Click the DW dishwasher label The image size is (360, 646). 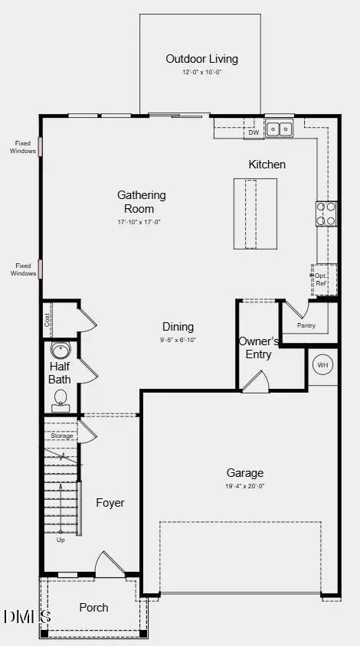tap(254, 133)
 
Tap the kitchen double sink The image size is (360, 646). tap(279, 129)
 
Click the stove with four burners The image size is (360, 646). tap(326, 214)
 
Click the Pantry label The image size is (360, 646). tap(306, 325)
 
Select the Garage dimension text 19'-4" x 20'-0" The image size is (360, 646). tap(245, 487)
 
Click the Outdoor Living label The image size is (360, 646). tap(202, 59)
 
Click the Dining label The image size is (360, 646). tap(178, 327)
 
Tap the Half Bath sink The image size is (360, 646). tap(60, 351)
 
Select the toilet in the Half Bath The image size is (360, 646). tap(61, 399)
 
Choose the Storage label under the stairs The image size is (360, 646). tap(61, 436)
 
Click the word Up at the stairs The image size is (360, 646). tap(61, 540)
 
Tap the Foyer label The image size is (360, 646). tap(110, 503)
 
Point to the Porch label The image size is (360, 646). tap(93, 608)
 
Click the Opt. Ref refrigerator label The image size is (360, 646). tap(321, 279)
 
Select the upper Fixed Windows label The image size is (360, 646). tap(22, 146)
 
